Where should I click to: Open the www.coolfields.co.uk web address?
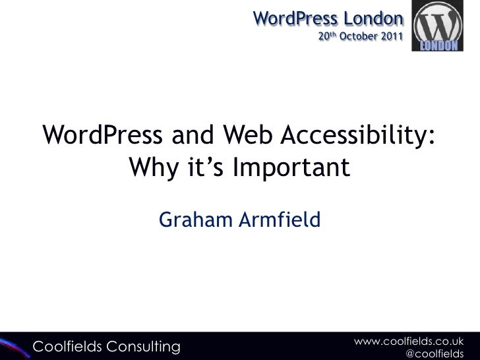pos(409,340)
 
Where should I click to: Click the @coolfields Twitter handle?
pos(433,354)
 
